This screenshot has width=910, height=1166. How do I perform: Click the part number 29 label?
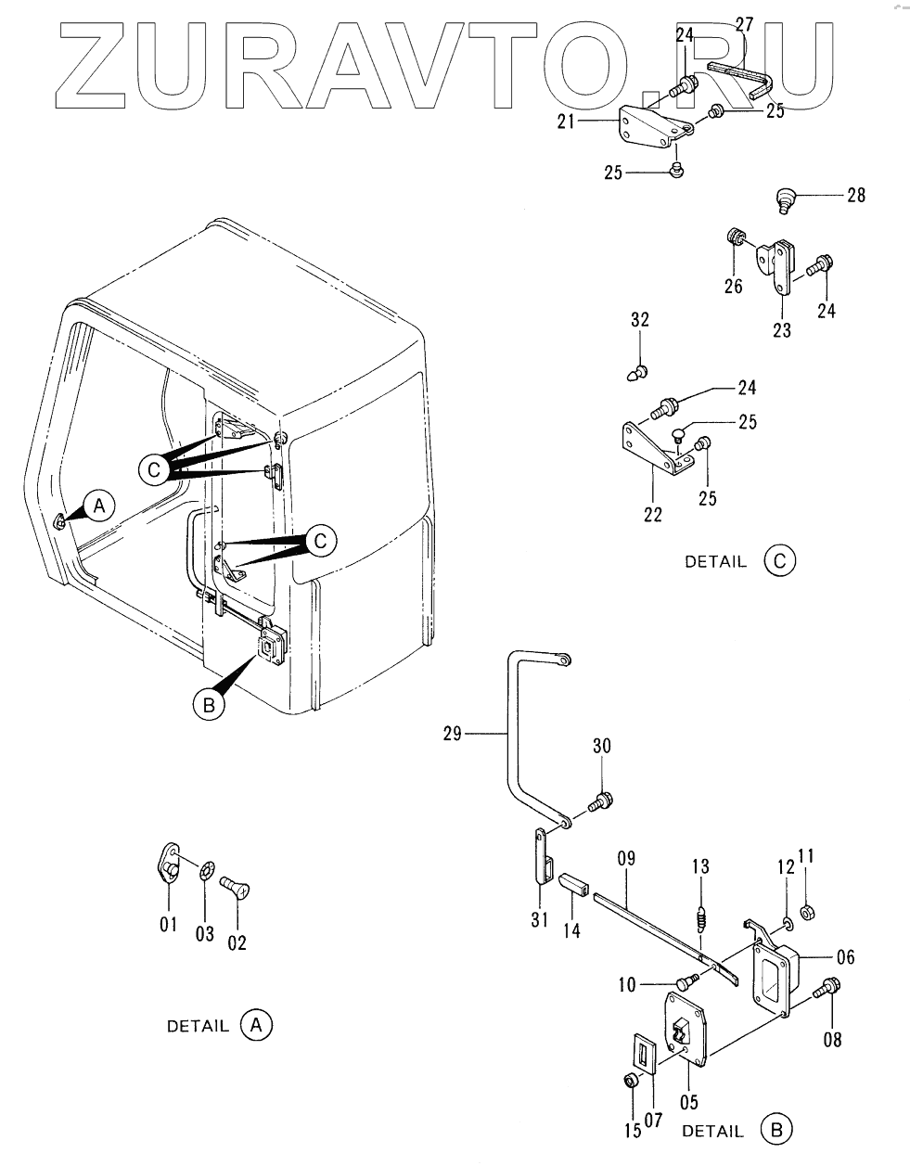click(x=452, y=734)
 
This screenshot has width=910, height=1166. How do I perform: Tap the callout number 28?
click(x=854, y=195)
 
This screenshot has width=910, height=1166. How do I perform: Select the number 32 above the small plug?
click(x=640, y=320)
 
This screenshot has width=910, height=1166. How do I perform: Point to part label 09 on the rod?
click(x=626, y=860)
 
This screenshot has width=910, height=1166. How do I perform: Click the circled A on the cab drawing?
click(x=101, y=506)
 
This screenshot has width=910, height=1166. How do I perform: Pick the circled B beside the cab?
click(x=208, y=705)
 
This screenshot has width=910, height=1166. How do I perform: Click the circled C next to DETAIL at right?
click(x=779, y=560)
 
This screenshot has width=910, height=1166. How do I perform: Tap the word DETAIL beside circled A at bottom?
click(x=197, y=1026)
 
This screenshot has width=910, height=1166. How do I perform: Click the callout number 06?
click(x=845, y=957)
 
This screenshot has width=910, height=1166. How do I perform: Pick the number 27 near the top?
click(x=744, y=23)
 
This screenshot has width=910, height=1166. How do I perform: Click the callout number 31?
click(x=540, y=918)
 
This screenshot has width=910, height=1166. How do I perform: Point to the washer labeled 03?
click(x=206, y=874)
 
